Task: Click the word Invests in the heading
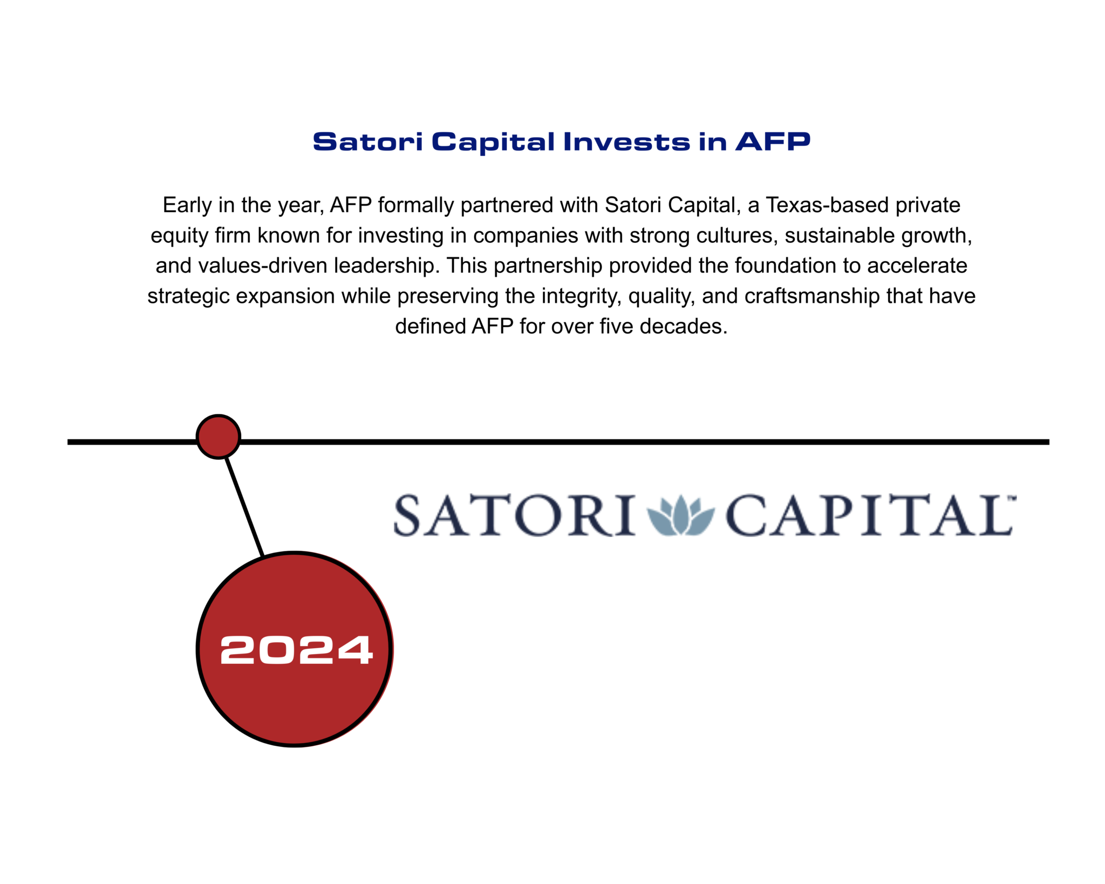click(x=626, y=141)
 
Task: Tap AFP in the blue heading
click(x=773, y=141)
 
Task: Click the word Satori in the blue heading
click(x=368, y=141)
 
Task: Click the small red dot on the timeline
click(x=218, y=437)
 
